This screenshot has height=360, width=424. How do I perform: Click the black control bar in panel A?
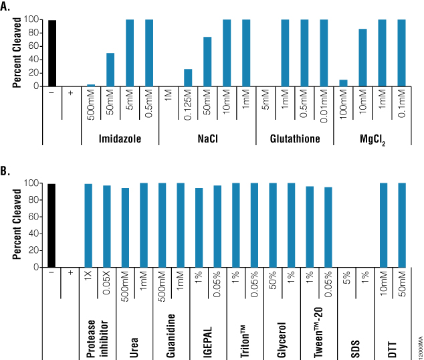click(x=51, y=53)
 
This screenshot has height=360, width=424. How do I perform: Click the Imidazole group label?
click(x=120, y=139)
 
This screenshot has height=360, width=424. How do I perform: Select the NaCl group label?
click(x=208, y=139)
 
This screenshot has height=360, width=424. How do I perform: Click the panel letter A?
click(x=6, y=6)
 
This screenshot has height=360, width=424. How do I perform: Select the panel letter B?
click(x=6, y=171)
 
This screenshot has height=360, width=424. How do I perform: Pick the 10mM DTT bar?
click(x=383, y=224)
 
